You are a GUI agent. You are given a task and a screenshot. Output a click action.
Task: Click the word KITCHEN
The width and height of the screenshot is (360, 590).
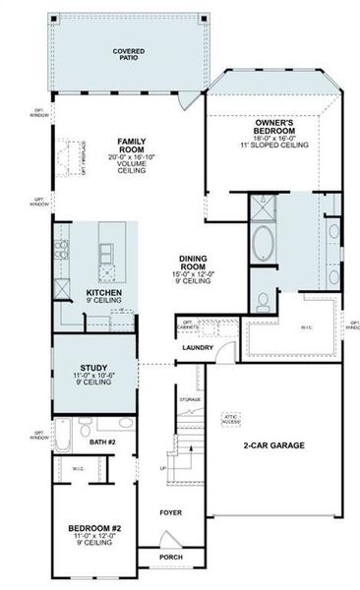coord(103,293)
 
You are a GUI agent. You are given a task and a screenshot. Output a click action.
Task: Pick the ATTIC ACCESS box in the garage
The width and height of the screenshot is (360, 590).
coord(232,417)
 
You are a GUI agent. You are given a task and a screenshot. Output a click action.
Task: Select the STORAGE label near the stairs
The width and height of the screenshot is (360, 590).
coord(191,399)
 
